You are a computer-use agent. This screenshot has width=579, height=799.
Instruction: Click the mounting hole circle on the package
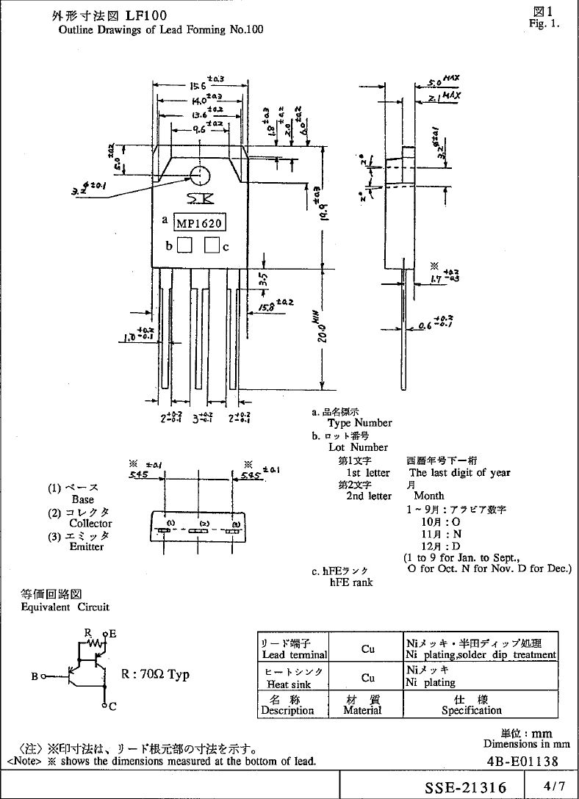point(200,176)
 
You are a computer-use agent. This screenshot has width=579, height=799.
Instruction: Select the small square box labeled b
point(184,246)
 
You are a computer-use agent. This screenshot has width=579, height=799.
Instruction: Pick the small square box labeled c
point(212,246)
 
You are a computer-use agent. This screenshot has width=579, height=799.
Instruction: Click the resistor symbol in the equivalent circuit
point(93,643)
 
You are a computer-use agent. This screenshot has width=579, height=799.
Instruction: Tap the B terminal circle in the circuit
point(43,676)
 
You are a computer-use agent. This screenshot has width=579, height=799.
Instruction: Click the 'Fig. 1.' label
point(544,23)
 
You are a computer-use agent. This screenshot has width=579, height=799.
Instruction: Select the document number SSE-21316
point(466,787)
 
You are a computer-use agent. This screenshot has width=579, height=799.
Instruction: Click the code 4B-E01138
point(521,762)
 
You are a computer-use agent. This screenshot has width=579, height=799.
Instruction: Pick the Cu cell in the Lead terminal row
point(367,649)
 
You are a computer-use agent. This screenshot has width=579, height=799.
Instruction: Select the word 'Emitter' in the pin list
point(87,546)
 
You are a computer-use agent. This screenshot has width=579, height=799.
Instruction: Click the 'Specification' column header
point(471,710)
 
